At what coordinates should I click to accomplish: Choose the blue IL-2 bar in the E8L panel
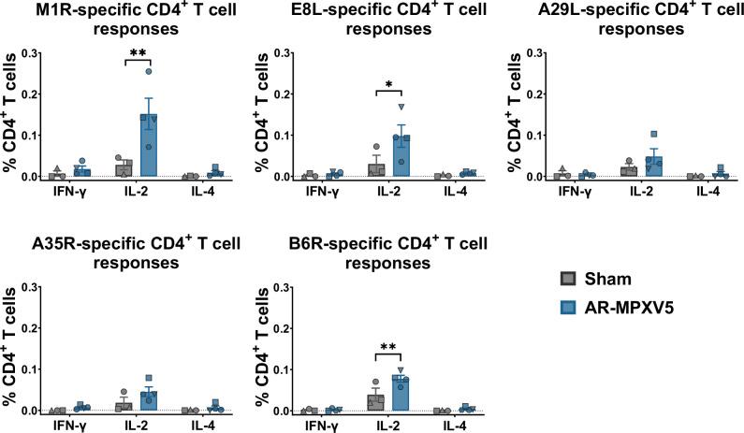click(x=401, y=157)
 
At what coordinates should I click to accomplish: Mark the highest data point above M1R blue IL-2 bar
click(x=149, y=71)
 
